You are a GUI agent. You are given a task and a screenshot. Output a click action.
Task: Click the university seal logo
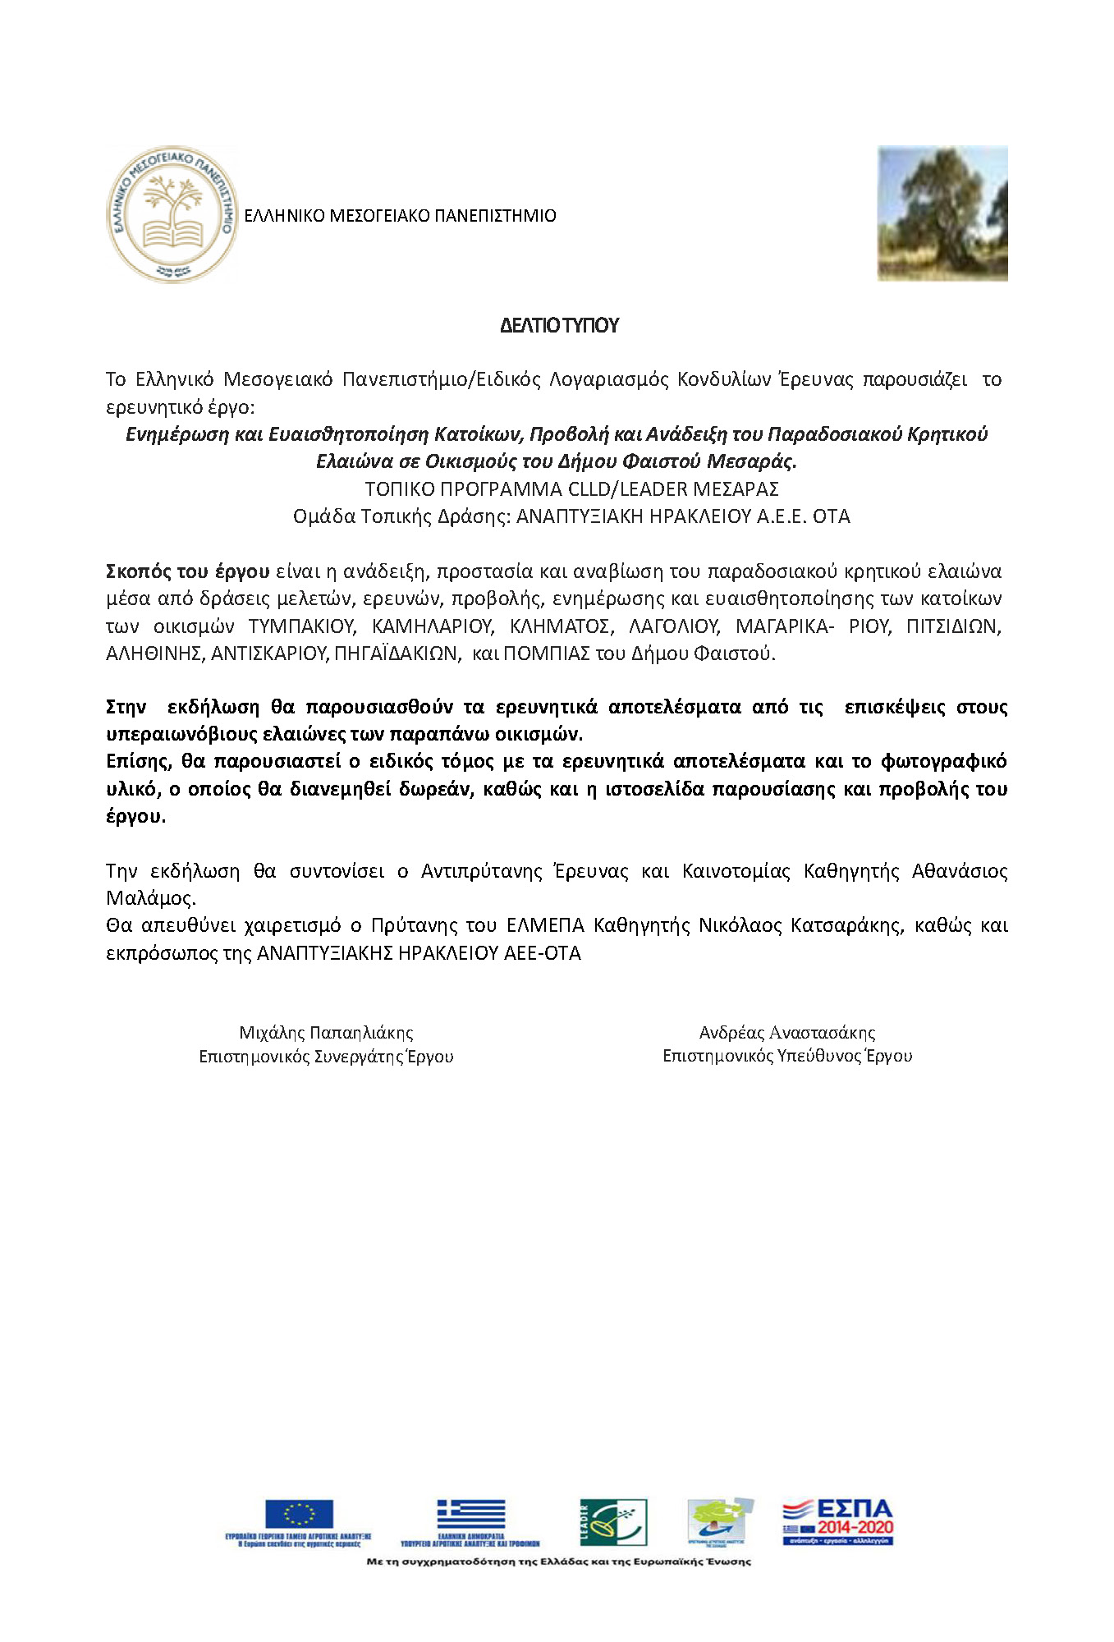172,215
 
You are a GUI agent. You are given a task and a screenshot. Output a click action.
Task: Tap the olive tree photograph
942,213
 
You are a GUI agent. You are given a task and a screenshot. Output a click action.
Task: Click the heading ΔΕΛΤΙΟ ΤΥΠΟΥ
559,326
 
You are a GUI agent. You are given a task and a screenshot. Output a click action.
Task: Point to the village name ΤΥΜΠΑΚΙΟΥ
301,626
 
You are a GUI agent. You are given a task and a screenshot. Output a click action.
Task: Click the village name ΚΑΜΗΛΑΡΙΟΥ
433,626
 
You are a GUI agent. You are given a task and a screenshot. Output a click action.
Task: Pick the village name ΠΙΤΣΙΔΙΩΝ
953,626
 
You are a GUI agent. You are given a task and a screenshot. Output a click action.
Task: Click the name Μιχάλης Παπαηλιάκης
326,1033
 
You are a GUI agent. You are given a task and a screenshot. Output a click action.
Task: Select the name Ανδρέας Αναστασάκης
787,1033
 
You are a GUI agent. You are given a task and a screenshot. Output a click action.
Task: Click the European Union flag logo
299,1514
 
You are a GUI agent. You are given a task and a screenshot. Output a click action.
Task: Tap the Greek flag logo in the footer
471,1514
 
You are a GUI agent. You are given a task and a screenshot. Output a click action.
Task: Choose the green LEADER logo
613,1521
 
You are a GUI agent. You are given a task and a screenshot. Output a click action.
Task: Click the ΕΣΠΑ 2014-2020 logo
837,1521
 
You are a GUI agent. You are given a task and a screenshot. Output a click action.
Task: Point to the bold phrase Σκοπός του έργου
188,571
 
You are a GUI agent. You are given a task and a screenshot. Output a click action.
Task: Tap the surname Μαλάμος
151,898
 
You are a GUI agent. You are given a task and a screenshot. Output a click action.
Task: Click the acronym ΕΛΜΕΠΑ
545,925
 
